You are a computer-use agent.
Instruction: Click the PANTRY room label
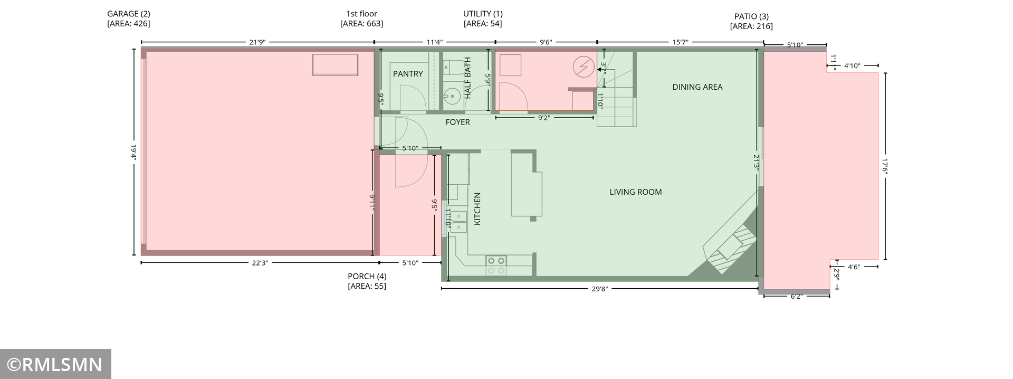pyautogui.click(x=408, y=74)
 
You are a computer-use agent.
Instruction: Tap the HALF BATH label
pyautogui.click(x=467, y=78)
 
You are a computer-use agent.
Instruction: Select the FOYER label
pyautogui.click(x=457, y=122)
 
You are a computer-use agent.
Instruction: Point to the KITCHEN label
pyautogui.click(x=477, y=209)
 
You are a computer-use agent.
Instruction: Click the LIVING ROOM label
pyautogui.click(x=635, y=192)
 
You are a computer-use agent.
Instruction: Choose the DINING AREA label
pyautogui.click(x=697, y=87)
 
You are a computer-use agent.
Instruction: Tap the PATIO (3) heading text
pyautogui.click(x=751, y=16)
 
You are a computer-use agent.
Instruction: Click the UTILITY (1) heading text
pyautogui.click(x=483, y=14)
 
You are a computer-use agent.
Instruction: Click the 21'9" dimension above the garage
pyautogui.click(x=257, y=42)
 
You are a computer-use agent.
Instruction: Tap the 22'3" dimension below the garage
pyautogui.click(x=260, y=263)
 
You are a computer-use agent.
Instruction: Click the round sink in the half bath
pyautogui.click(x=451, y=96)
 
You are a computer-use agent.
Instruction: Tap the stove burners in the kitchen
pyautogui.click(x=496, y=266)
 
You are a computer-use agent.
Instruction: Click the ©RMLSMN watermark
pyautogui.click(x=55, y=364)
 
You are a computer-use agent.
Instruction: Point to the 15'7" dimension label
pyautogui.click(x=680, y=42)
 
